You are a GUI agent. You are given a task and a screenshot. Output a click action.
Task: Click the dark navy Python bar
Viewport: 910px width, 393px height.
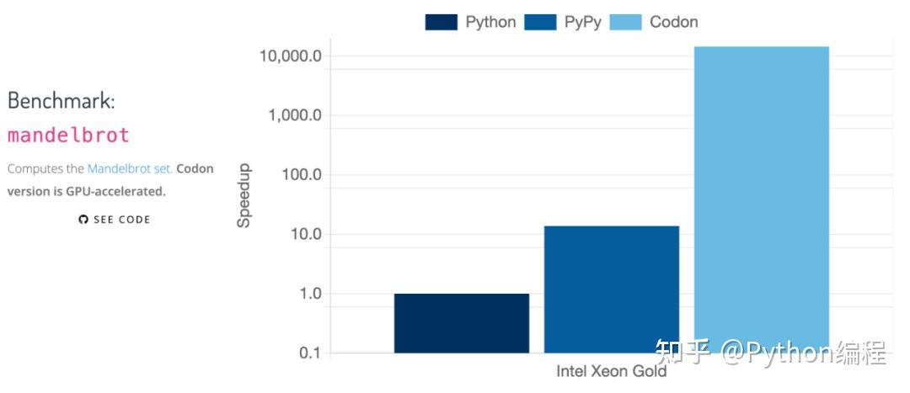461,322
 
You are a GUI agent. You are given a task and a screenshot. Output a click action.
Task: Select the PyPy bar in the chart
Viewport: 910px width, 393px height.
611,289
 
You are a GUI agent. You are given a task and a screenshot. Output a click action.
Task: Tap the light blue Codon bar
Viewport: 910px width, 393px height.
761,199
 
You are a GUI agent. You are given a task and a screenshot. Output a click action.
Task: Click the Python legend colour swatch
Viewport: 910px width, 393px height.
441,23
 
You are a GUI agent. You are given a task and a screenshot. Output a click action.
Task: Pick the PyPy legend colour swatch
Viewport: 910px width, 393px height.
540,23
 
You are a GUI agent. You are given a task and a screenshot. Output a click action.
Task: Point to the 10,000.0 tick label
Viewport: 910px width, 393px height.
292,56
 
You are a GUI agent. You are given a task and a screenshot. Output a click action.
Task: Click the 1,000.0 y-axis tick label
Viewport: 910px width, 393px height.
295,116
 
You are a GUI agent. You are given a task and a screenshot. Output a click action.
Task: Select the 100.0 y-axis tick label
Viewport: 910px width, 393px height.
302,175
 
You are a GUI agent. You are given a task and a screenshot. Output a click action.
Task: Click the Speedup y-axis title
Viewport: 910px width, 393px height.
244,203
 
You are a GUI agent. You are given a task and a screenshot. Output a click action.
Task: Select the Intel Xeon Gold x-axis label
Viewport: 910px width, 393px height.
611,371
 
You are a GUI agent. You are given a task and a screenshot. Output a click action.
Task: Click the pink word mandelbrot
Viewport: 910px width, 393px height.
68,135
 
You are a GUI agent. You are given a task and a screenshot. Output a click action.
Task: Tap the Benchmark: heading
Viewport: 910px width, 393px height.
61,100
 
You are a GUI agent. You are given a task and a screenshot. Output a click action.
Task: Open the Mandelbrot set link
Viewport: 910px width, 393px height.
130,168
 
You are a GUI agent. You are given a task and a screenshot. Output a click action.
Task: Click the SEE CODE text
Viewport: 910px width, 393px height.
121,220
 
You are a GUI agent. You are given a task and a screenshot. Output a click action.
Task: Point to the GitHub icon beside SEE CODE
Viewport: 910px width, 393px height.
83,220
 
